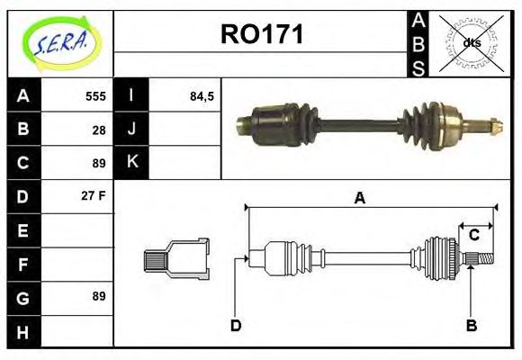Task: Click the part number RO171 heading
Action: [262, 34]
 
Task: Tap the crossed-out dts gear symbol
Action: [471, 43]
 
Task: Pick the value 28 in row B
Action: [99, 130]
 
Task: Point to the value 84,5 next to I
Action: [202, 96]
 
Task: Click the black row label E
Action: [22, 230]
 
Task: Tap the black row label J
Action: [131, 130]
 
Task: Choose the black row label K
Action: [131, 163]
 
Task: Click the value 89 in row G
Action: [98, 296]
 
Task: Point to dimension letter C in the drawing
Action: [473, 236]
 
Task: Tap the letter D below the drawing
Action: [236, 325]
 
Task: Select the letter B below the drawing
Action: [471, 325]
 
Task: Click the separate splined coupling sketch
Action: [176, 258]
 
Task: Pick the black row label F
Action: [22, 264]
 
